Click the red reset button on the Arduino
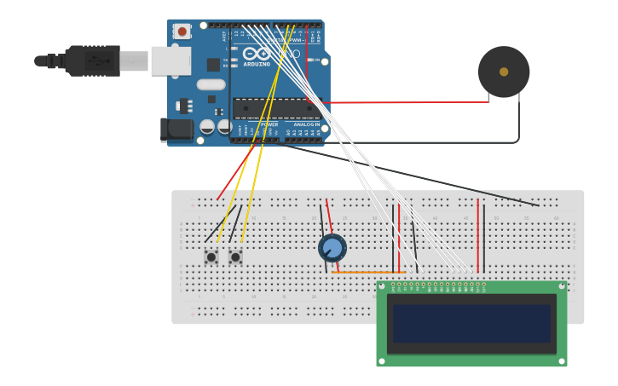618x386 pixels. click(182, 32)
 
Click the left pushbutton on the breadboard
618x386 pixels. click(211, 256)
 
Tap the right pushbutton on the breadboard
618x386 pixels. click(235, 256)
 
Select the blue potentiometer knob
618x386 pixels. click(332, 248)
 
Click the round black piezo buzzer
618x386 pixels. click(504, 72)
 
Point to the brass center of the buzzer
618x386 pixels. click(504, 72)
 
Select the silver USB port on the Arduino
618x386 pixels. click(170, 60)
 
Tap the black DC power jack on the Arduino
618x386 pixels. click(176, 130)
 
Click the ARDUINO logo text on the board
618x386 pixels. click(257, 64)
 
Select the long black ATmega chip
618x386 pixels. click(276, 108)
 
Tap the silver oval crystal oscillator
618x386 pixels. click(211, 84)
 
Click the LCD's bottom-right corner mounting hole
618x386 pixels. click(561, 360)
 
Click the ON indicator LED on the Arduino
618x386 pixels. click(309, 60)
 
